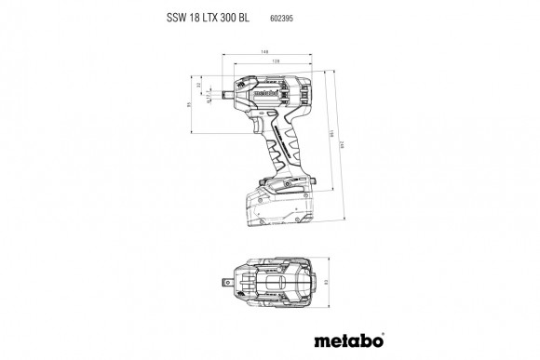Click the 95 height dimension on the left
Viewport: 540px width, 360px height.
[x=187, y=105]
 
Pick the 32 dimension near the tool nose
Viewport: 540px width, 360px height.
[x=198, y=86]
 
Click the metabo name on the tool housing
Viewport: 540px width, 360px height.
[x=263, y=92]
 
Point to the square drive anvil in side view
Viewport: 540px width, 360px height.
[x=226, y=95]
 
